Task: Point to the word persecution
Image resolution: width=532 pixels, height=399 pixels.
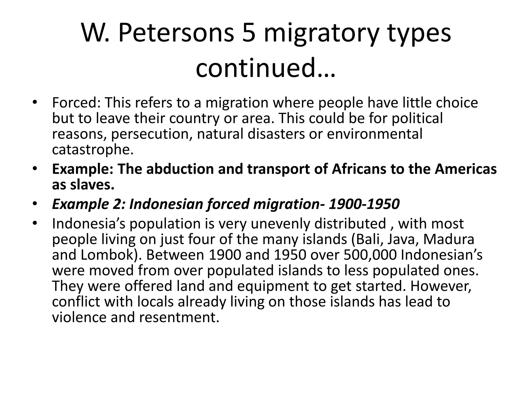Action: click(x=152, y=134)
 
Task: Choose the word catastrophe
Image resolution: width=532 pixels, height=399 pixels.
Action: click(x=92, y=150)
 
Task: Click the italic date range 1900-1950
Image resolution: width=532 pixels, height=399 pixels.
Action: click(x=364, y=204)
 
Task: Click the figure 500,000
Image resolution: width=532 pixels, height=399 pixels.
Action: click(x=370, y=255)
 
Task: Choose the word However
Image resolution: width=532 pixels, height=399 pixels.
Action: click(x=441, y=286)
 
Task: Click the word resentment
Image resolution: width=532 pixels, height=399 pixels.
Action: click(x=179, y=317)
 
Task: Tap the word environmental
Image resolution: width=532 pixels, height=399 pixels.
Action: click(x=374, y=134)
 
